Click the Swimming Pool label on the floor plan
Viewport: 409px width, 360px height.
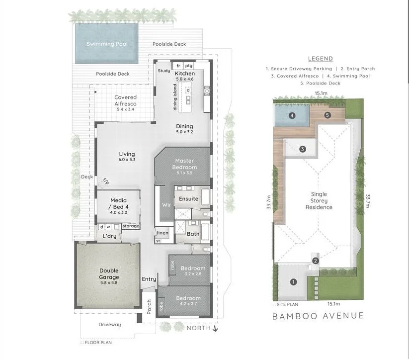coord(107,44)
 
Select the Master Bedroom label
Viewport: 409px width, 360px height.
coord(185,164)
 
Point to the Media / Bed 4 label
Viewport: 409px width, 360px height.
coord(118,203)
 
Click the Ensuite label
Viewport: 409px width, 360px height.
coord(189,199)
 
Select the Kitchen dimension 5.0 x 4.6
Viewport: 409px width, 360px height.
coord(184,80)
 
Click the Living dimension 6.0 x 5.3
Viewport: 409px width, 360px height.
coord(127,160)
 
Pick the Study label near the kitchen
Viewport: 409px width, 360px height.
coord(164,71)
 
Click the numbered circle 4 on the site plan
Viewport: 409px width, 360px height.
coord(292,116)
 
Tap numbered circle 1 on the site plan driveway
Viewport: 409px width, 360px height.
coord(293,282)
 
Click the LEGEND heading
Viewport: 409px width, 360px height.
coord(321,59)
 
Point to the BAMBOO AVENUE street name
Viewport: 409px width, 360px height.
coord(318,316)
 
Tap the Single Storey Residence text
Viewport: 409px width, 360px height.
coord(322,200)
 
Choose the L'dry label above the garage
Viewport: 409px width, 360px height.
coord(109,236)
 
